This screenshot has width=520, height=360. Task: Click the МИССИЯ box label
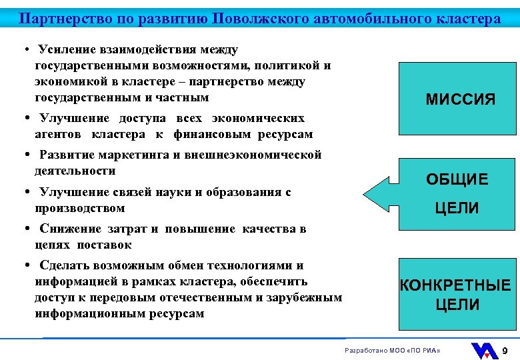click(x=461, y=100)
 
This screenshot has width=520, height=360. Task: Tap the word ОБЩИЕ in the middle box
click(x=457, y=179)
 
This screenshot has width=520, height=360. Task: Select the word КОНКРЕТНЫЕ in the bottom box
click(x=455, y=286)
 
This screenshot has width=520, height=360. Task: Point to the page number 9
click(x=505, y=350)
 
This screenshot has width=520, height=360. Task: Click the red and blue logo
click(x=484, y=350)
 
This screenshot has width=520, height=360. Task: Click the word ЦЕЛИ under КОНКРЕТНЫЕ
click(x=457, y=305)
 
